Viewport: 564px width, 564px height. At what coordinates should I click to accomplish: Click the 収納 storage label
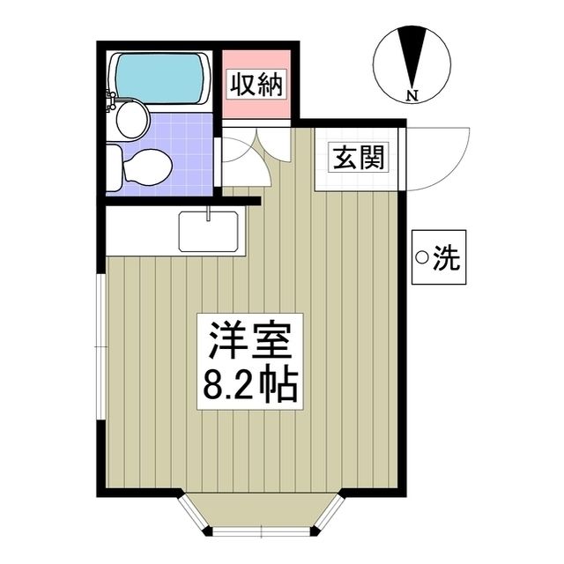256,85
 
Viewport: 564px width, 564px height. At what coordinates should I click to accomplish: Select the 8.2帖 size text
249,384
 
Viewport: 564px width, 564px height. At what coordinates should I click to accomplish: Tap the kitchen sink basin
209,233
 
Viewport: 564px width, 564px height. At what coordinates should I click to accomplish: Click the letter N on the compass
412,93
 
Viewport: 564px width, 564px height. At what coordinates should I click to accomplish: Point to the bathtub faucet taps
111,100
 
